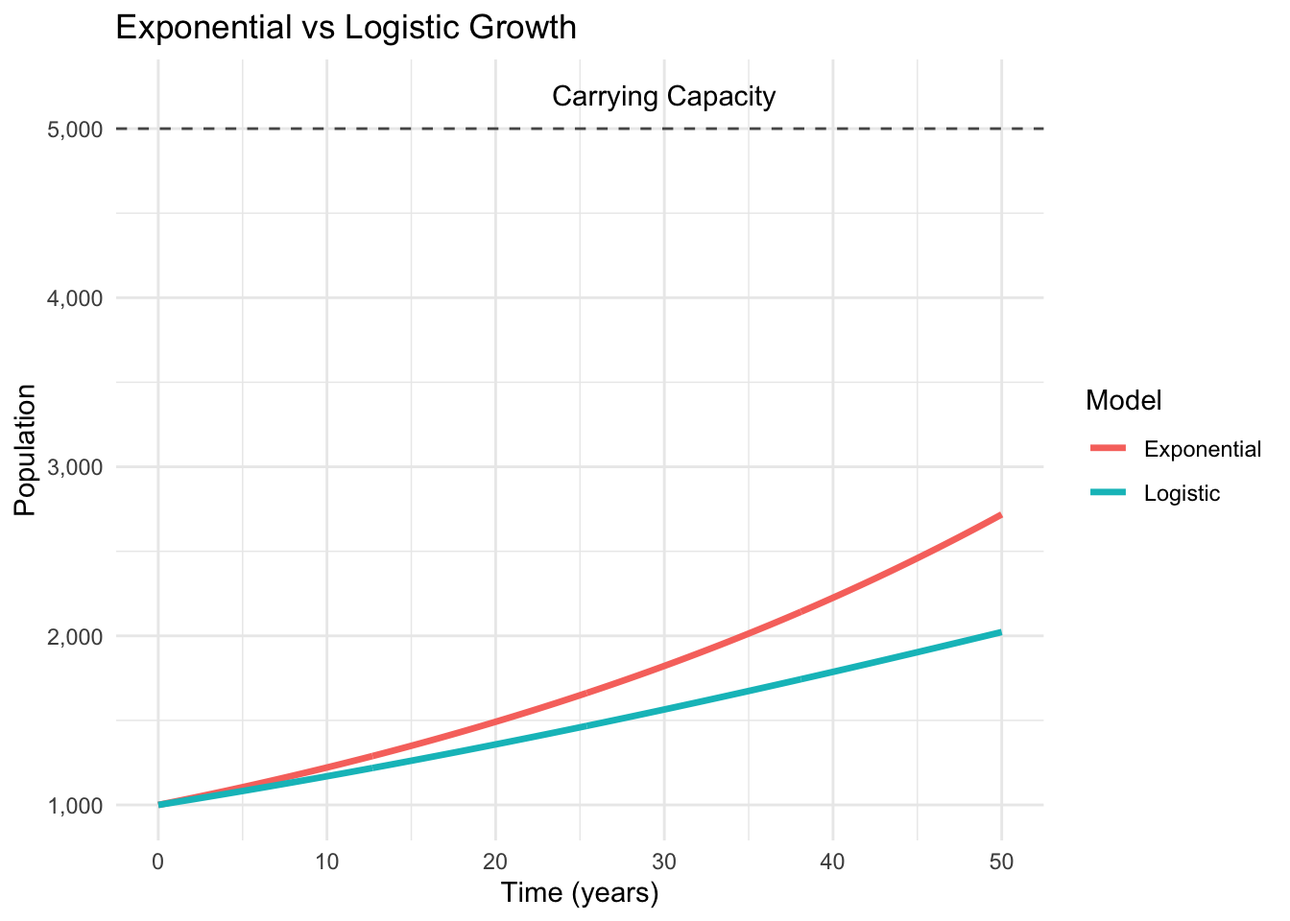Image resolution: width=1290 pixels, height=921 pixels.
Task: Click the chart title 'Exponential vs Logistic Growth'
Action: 346,28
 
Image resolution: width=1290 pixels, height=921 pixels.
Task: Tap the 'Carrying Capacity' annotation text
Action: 663,97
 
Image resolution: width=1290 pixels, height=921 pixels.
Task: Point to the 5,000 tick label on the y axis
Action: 75,130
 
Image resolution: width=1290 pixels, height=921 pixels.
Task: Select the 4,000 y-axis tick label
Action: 75,298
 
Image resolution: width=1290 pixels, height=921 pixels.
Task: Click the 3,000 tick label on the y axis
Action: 75,467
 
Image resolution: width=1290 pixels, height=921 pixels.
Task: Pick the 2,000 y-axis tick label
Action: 75,636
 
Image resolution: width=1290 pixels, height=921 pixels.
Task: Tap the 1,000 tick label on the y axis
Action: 75,805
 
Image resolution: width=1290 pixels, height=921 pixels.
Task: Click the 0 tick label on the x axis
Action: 157,861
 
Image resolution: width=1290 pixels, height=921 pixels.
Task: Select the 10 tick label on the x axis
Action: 326,861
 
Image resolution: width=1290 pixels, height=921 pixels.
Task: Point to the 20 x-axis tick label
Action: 495,861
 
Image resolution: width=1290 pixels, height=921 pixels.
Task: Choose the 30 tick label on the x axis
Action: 664,861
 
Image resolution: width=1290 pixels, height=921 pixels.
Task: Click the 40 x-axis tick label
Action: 832,861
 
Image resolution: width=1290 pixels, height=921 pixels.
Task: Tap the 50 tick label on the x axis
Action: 1001,861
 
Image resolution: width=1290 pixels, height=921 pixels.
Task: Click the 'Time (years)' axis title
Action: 580,893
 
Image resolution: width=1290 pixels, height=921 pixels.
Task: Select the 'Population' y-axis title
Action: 26,450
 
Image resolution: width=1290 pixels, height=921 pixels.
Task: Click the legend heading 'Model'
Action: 1124,401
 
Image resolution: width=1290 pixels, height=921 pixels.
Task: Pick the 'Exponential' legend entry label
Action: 1203,449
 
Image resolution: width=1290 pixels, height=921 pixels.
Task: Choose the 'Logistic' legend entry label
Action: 1182,494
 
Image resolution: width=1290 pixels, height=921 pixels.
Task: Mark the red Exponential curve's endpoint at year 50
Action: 1001,515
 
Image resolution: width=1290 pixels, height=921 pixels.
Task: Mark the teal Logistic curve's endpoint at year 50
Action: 1001,632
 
